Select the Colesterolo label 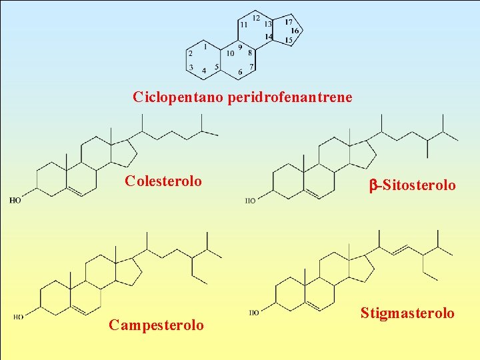point(163,181)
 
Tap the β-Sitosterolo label point(413,185)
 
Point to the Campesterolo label point(157,325)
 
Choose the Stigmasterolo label point(407,313)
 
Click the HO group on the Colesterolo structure point(15,199)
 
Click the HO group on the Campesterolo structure point(19,317)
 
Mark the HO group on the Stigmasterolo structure point(255,312)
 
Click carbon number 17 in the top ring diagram point(289,22)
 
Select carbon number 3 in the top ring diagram point(191,67)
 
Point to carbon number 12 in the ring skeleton point(256,17)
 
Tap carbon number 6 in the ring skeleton point(240,72)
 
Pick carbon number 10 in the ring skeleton point(230,53)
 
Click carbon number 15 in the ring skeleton point(289,41)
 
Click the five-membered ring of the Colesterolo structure point(123,153)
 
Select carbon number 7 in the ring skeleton point(251,66)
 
